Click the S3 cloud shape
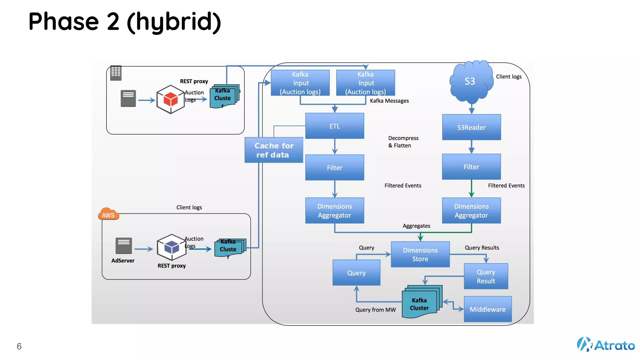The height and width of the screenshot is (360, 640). [x=470, y=82]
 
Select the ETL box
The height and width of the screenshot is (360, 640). [x=334, y=126]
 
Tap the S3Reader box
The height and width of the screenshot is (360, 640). [x=471, y=127]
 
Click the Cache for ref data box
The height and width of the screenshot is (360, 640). [x=274, y=150]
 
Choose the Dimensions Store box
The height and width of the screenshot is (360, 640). [x=420, y=254]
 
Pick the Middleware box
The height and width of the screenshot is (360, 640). [x=487, y=309]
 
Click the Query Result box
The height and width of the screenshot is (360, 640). [x=486, y=276]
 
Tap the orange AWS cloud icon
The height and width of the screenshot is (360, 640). [x=108, y=214]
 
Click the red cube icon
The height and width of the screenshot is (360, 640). [x=171, y=99]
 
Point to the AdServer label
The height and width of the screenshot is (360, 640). [x=123, y=261]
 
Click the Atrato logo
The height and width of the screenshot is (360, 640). [x=606, y=345]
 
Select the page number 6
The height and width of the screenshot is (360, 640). [x=19, y=346]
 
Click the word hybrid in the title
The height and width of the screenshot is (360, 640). [x=174, y=22]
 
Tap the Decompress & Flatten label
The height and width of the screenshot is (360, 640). [x=403, y=142]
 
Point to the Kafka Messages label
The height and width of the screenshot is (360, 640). [x=389, y=101]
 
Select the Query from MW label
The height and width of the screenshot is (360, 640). [x=375, y=310]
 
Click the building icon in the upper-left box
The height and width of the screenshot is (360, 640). [x=116, y=73]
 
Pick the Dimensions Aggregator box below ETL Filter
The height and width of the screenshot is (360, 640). [x=334, y=211]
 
